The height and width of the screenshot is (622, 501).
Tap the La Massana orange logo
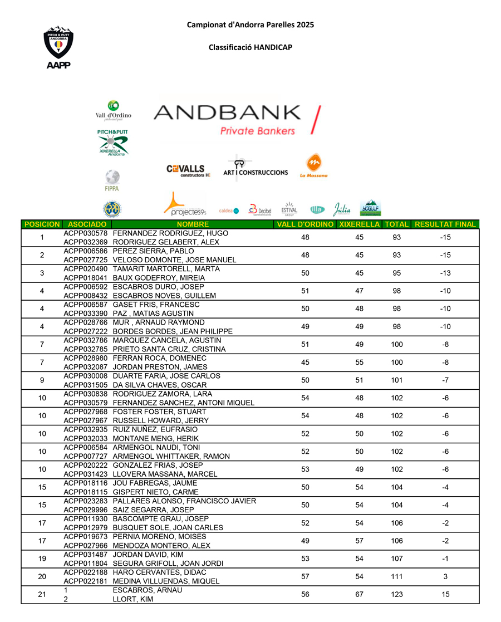[314, 166]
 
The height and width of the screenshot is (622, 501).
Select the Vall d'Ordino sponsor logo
[114, 110]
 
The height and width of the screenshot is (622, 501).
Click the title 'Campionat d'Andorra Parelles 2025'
[250, 25]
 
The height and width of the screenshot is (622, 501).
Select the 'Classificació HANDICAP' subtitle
[250, 47]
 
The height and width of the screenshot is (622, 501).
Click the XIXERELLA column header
[359, 224]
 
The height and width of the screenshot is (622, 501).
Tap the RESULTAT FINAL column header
[445, 224]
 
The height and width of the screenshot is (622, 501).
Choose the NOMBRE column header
[193, 224]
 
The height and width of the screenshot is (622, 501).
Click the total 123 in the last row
[397, 595]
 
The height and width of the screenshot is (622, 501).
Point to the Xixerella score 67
[359, 595]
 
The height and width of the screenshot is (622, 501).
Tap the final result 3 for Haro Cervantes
[445, 577]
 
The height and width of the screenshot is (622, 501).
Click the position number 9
[42, 381]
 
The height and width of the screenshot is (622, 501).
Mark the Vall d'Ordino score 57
[305, 577]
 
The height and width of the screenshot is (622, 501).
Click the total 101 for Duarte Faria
[397, 381]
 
